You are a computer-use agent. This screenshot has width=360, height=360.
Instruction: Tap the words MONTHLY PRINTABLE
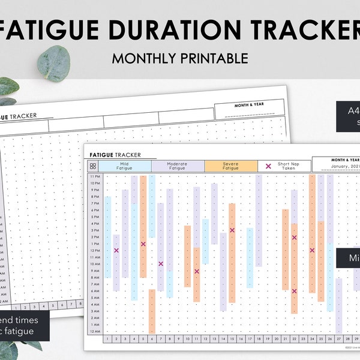click(180, 58)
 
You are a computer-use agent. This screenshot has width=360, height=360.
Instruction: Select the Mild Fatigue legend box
click(125, 166)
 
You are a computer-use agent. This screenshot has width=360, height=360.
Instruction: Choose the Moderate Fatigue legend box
click(178, 166)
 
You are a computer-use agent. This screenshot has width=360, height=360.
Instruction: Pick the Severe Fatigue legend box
click(230, 166)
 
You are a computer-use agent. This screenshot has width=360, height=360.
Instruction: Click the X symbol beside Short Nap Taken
click(268, 166)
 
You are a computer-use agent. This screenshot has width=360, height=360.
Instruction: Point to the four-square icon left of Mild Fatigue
click(93, 166)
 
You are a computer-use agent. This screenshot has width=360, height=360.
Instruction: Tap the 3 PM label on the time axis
click(95, 230)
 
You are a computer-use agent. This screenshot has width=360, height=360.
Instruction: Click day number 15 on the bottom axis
click(232, 339)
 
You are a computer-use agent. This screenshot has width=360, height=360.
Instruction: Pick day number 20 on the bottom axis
click(276, 339)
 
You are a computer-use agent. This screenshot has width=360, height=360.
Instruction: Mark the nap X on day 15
click(232, 230)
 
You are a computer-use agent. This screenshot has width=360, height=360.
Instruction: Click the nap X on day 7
click(161, 263)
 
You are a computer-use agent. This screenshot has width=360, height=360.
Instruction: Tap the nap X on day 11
click(196, 271)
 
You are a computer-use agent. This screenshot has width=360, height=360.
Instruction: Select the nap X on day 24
click(312, 250)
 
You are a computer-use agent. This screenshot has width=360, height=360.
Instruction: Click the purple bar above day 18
click(259, 220)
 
